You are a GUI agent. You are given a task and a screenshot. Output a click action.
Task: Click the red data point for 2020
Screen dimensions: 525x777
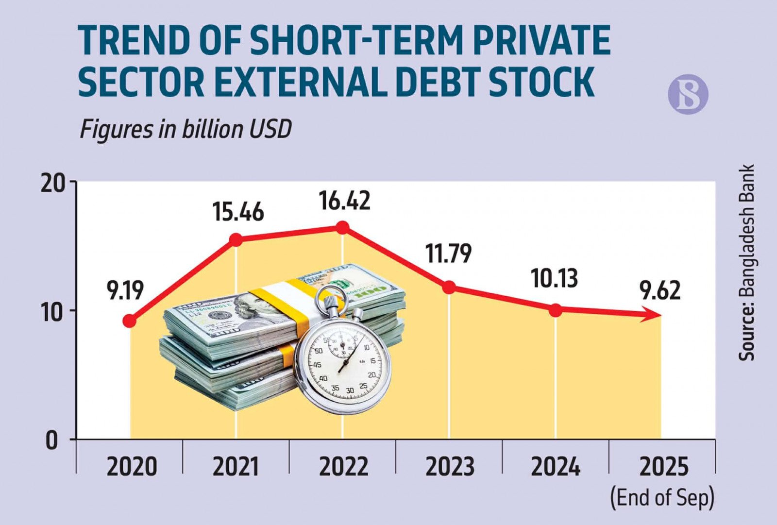130,321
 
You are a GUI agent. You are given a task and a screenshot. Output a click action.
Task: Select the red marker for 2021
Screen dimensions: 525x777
236,239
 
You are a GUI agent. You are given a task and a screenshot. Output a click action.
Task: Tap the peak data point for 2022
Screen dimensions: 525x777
342,227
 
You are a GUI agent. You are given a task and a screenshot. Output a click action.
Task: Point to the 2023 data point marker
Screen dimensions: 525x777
449,287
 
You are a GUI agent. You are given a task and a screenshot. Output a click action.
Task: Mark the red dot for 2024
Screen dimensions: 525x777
556,310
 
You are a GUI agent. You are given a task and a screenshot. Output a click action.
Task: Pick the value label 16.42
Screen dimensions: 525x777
344,201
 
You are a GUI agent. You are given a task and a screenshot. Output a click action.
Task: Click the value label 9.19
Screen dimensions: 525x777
126,290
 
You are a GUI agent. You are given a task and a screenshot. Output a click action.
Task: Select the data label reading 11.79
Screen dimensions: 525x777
448,253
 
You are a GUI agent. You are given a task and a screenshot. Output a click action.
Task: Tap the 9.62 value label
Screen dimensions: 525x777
659,290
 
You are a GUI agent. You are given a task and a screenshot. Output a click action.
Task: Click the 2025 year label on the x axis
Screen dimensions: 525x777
664,467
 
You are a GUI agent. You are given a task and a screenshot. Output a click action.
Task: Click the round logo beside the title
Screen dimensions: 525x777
688,94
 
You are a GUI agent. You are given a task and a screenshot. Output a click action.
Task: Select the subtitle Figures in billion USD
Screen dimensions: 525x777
185,129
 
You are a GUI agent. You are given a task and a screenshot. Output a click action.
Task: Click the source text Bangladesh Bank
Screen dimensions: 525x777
747,262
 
